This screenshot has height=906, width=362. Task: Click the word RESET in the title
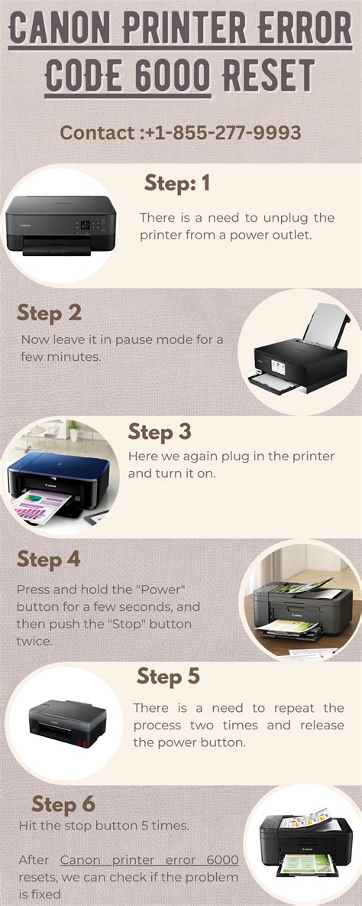click(268, 76)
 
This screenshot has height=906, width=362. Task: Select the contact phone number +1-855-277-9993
click(221, 132)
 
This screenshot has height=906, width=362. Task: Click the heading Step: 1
click(176, 183)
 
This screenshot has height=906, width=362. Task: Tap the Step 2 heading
click(49, 313)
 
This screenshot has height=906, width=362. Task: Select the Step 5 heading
click(168, 677)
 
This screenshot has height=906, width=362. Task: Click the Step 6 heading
click(63, 804)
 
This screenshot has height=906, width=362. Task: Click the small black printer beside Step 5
click(64, 723)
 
